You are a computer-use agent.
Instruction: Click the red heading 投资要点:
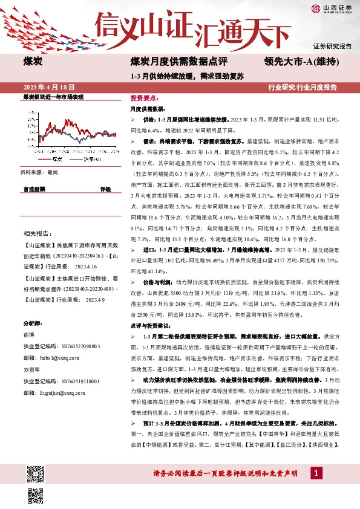click(x=144, y=97)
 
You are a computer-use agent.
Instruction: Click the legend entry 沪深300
click(x=94, y=159)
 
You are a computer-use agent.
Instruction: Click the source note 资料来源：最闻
click(x=41, y=172)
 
